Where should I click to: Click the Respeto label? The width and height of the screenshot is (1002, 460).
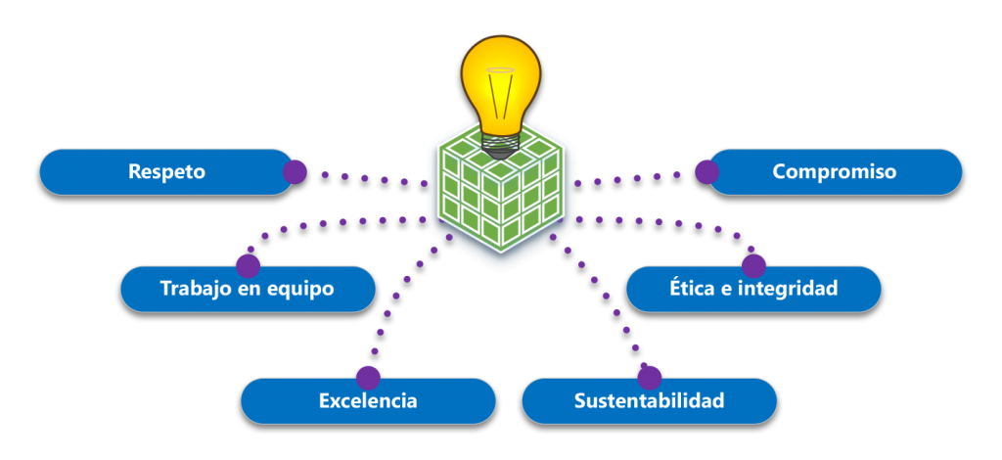click(166, 172)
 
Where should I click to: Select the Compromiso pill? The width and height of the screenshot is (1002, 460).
click(834, 172)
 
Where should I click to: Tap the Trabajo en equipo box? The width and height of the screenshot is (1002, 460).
click(247, 290)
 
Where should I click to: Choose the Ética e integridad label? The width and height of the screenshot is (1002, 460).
click(753, 290)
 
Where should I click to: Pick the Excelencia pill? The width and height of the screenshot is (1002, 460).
click(368, 401)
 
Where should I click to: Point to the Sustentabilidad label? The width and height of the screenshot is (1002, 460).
click(649, 401)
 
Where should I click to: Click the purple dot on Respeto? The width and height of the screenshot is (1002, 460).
click(295, 172)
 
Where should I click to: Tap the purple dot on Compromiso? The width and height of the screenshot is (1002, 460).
click(706, 172)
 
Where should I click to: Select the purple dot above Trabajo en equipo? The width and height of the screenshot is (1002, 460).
click(249, 265)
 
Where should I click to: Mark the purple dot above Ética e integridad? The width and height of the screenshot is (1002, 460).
click(753, 265)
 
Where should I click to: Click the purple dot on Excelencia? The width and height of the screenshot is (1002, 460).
click(368, 378)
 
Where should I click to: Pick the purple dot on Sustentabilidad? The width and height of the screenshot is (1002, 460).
click(650, 378)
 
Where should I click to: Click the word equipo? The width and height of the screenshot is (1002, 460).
click(299, 290)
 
